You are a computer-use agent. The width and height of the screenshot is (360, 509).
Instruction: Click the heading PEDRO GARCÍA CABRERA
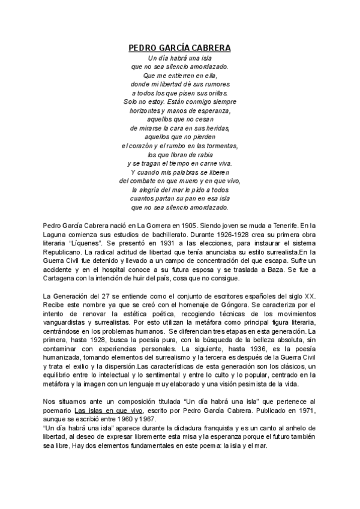tap(180, 47)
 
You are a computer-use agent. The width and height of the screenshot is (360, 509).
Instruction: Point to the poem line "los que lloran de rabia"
tap(180, 154)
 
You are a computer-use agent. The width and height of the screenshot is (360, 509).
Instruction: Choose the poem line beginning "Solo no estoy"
tap(180, 102)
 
